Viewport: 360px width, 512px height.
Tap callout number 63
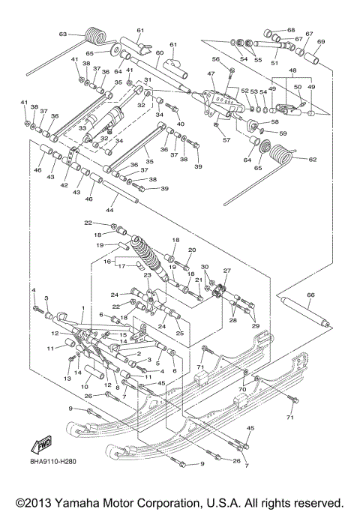click(x=63, y=34)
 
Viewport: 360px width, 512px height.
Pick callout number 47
click(x=211, y=74)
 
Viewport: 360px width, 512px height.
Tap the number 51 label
click(x=283, y=64)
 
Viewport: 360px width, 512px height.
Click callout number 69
click(x=321, y=41)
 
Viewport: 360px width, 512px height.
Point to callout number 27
click(x=227, y=271)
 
